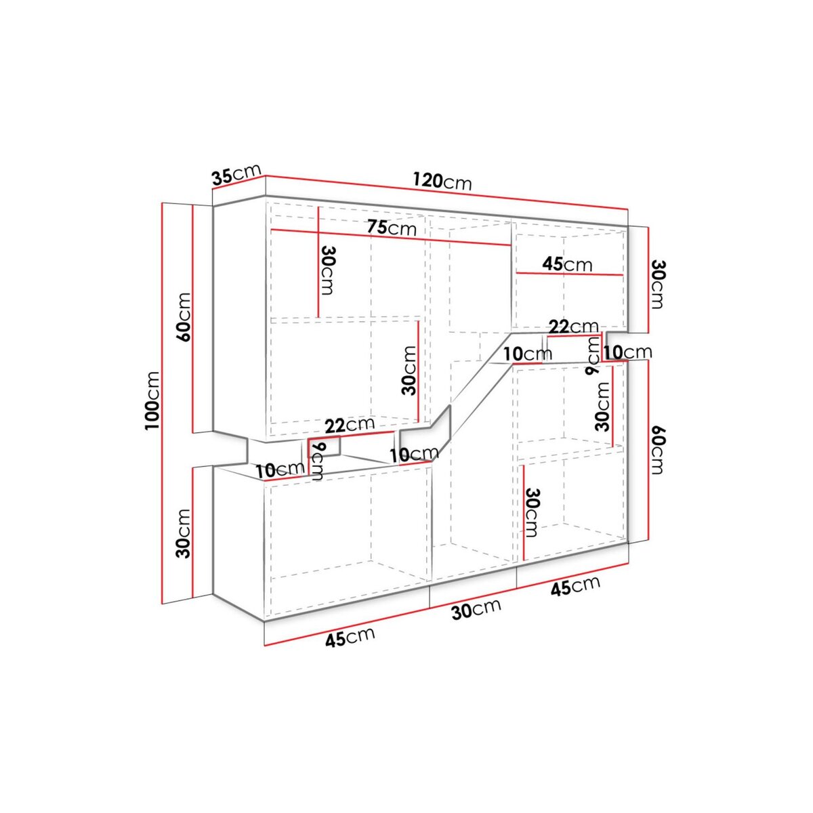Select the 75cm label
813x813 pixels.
point(392,228)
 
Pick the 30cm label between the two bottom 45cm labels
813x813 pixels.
point(476,609)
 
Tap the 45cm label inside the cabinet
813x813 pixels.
point(567,264)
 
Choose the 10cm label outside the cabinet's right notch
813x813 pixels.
point(627,352)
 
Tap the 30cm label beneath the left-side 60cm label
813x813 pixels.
point(182,532)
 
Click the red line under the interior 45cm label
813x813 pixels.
point(569,274)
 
